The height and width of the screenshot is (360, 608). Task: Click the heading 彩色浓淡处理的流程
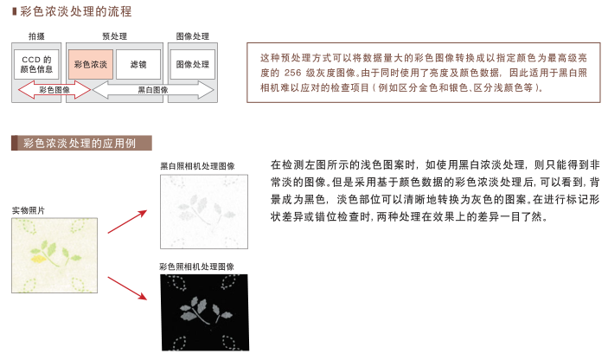[76, 11]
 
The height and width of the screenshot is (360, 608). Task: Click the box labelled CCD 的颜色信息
[36, 64]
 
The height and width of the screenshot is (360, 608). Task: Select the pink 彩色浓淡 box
[91, 64]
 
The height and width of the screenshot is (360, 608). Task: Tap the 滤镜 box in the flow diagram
[138, 64]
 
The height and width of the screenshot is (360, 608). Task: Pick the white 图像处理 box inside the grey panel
[193, 64]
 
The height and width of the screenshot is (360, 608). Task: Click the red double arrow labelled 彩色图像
[54, 90]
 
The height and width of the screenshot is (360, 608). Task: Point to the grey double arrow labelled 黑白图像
[153, 90]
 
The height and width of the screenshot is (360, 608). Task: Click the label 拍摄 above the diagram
[36, 36]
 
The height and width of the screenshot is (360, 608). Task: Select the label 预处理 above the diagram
[114, 36]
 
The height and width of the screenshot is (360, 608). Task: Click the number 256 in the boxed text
[292, 73]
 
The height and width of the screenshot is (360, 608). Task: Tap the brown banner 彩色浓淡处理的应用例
[81, 143]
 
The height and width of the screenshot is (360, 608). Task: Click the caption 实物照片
[29, 210]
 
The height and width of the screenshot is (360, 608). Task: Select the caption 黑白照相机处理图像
[197, 166]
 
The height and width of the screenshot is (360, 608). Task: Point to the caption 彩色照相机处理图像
[196, 267]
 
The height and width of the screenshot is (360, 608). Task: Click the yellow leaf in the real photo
[38, 259]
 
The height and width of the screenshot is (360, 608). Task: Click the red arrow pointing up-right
[127, 222]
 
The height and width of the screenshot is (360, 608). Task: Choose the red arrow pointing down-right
[127, 288]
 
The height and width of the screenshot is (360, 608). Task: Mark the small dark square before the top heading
[15, 11]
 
